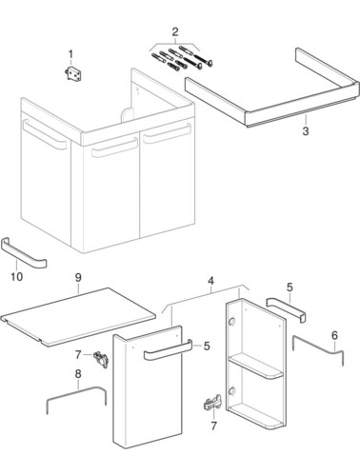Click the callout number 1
[x=70, y=54]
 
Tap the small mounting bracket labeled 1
[x=75, y=73]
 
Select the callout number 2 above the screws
[x=175, y=31]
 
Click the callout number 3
[x=306, y=130]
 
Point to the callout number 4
[x=210, y=281]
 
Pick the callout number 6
[x=334, y=335]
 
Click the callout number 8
[x=78, y=374]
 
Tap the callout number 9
[x=78, y=277]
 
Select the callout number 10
[x=17, y=277]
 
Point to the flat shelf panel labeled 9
[x=78, y=317]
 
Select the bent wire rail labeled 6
[x=317, y=346]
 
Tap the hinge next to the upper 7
[x=101, y=360]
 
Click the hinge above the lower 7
[x=212, y=403]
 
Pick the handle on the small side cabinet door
[x=169, y=350]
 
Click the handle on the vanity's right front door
[x=168, y=133]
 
